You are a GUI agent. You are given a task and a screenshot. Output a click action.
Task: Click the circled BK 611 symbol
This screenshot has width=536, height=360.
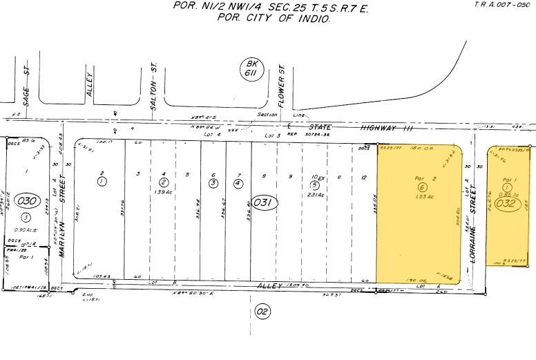point(249,68)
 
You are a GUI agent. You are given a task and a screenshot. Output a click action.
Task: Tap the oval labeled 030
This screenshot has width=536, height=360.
point(27,201)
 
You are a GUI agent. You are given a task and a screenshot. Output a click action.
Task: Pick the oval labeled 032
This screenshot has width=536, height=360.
point(507,205)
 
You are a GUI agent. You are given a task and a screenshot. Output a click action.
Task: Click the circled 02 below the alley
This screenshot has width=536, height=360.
point(262,312)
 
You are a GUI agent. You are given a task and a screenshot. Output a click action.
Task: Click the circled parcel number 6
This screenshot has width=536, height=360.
point(421,187)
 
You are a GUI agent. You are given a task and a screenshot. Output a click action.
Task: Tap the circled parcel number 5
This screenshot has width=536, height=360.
point(314,185)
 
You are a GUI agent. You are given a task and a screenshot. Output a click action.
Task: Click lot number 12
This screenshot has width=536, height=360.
point(363,178)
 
